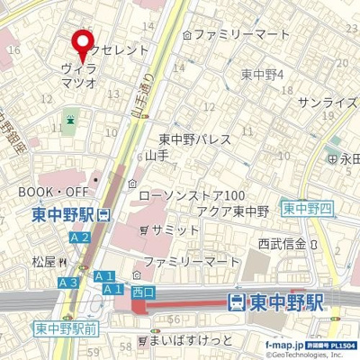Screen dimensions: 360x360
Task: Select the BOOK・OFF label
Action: point(53,193)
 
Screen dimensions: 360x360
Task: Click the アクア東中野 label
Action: point(233,211)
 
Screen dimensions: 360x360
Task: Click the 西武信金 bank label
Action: point(283,243)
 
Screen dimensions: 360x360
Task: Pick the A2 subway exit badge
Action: point(79,238)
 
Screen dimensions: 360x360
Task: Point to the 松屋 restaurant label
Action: point(44,262)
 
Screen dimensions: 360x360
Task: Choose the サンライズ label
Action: point(328,103)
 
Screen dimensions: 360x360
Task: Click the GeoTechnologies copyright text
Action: point(306,354)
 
